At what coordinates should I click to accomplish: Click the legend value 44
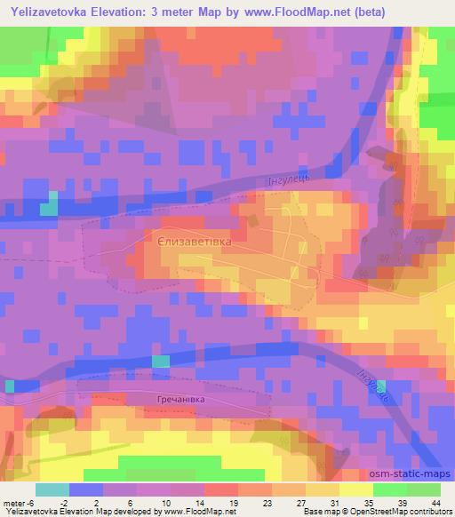435,502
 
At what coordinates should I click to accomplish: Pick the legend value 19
233,502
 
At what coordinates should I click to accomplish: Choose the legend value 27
300,502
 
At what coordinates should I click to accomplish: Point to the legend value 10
165,502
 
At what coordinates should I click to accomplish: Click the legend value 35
368,502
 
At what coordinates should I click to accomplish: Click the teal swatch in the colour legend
52,489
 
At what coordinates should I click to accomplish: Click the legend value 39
402,502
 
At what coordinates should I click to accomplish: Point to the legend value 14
199,502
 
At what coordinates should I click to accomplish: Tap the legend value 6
132,502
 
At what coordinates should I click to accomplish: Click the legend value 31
334,502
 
